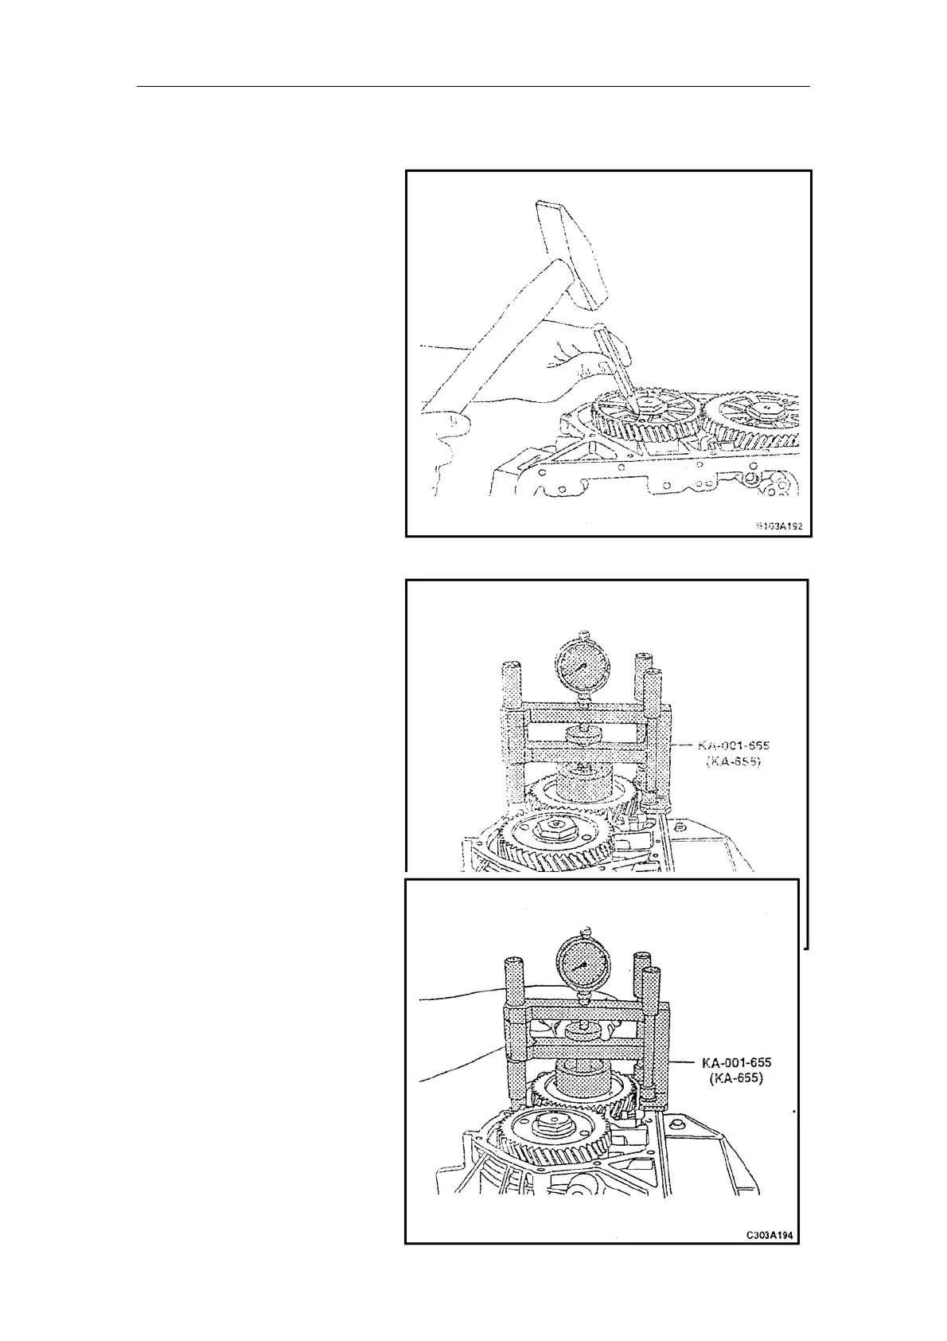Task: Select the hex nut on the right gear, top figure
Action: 765,408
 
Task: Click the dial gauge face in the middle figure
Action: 582,666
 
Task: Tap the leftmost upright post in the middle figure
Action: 511,733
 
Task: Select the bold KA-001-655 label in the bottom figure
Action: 736,1062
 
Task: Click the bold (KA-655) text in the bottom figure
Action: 736,1079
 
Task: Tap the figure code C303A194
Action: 770,1257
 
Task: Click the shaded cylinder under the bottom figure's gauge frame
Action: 583,1080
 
